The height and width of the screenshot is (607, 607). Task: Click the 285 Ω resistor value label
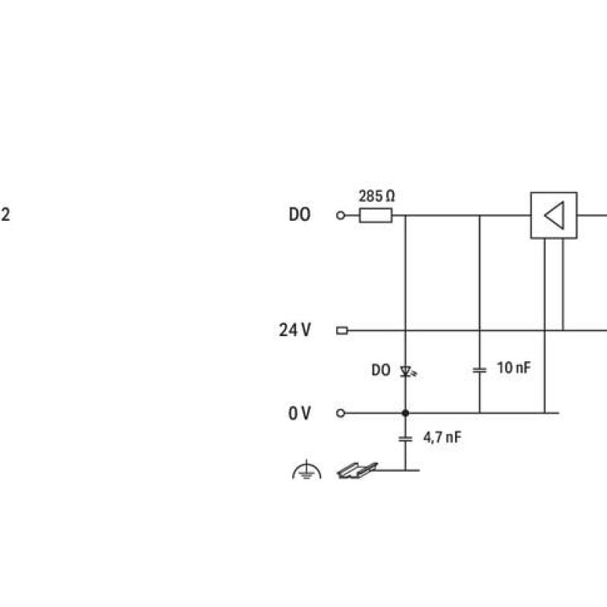point(376,197)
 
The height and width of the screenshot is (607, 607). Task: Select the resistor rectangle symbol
point(376,215)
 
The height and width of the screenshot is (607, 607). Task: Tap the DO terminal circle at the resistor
point(340,215)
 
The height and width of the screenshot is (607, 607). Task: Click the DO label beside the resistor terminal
point(299,215)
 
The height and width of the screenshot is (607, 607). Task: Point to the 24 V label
point(294,330)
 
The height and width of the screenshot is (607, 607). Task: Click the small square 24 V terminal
point(342,331)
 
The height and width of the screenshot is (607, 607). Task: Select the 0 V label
point(299,413)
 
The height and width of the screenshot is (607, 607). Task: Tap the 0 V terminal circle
point(340,413)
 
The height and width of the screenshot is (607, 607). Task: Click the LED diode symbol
point(407,372)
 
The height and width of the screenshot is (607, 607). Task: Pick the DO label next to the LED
point(381,370)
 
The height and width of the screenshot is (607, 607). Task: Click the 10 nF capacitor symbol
point(480,370)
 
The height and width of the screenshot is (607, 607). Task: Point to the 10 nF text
point(514,368)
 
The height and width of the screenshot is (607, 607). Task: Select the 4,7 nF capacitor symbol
point(405,439)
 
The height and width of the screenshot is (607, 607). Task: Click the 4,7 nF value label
point(442,438)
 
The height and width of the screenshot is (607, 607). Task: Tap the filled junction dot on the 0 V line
point(405,413)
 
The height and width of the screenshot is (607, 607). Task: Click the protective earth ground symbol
point(307,470)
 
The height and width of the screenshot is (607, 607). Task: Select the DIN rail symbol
point(357,470)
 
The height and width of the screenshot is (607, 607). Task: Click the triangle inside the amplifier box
point(555,215)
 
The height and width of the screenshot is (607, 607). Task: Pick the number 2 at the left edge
point(5,215)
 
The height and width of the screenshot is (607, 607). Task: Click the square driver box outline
point(530,215)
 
